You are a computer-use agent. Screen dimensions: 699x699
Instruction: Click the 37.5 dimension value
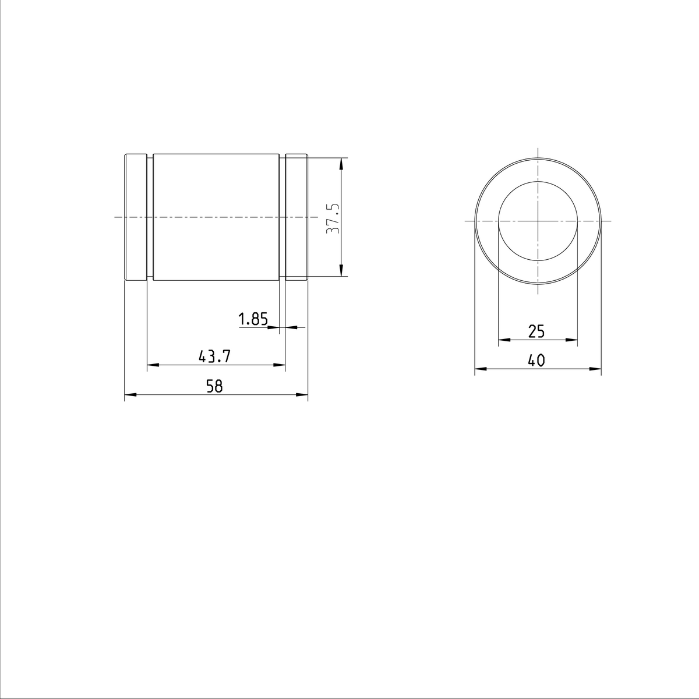tap(333, 218)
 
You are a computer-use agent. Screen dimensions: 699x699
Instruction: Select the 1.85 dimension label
tap(253, 319)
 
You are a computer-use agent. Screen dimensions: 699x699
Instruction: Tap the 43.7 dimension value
tap(214, 356)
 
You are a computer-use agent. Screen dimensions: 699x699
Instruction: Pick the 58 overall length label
tap(214, 386)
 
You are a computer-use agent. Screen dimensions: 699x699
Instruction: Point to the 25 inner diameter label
tap(536, 331)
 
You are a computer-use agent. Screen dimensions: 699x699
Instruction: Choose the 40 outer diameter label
tap(536, 361)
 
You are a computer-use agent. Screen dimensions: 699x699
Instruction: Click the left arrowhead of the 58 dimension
tap(129, 395)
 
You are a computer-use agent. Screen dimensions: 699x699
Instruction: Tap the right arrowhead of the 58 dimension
tap(303, 395)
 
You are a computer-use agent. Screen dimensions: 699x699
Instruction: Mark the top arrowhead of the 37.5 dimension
tap(341, 163)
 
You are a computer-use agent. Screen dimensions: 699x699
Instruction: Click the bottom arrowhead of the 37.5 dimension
tap(341, 271)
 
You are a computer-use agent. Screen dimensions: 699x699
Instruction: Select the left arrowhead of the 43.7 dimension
tap(151, 365)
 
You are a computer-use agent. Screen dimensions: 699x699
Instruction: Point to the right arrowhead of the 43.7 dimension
tap(280, 365)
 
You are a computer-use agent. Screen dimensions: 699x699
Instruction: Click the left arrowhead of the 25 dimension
tap(504, 340)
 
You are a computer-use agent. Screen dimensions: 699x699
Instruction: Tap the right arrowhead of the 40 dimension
tap(596, 369)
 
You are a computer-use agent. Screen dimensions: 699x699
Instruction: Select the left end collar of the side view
tap(136, 217)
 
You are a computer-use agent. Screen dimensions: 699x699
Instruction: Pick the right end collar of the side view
tap(296, 217)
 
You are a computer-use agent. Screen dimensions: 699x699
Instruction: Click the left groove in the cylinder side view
tap(150, 217)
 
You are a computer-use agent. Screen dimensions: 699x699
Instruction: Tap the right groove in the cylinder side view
tap(282, 217)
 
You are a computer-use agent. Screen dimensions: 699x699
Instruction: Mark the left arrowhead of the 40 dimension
tap(479, 369)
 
